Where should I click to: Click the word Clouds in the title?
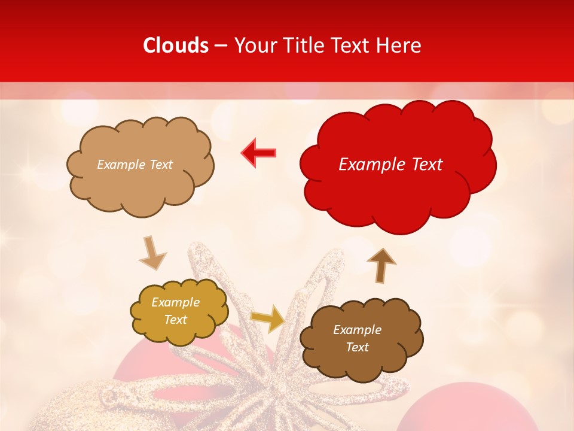pyautogui.click(x=176, y=45)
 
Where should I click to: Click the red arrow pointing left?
pyautogui.click(x=259, y=153)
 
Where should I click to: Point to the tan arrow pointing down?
pyautogui.click(x=152, y=253)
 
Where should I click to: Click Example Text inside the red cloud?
pyautogui.click(x=390, y=165)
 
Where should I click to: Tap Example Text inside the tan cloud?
pyautogui.click(x=135, y=165)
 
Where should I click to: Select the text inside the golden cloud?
pyautogui.click(x=176, y=311)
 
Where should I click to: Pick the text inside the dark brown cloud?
pyautogui.click(x=357, y=338)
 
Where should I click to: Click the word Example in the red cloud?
pyautogui.click(x=368, y=165)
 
